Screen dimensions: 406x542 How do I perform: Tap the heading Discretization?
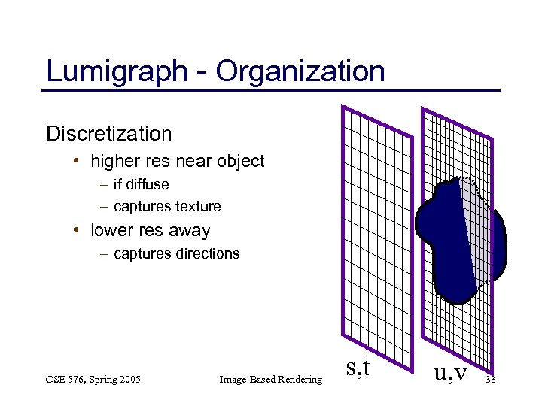109,134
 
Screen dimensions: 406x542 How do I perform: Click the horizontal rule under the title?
271,91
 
